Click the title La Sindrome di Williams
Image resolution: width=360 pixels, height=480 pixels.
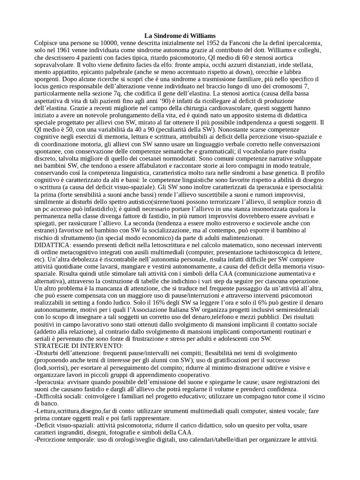pos(180,36)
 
